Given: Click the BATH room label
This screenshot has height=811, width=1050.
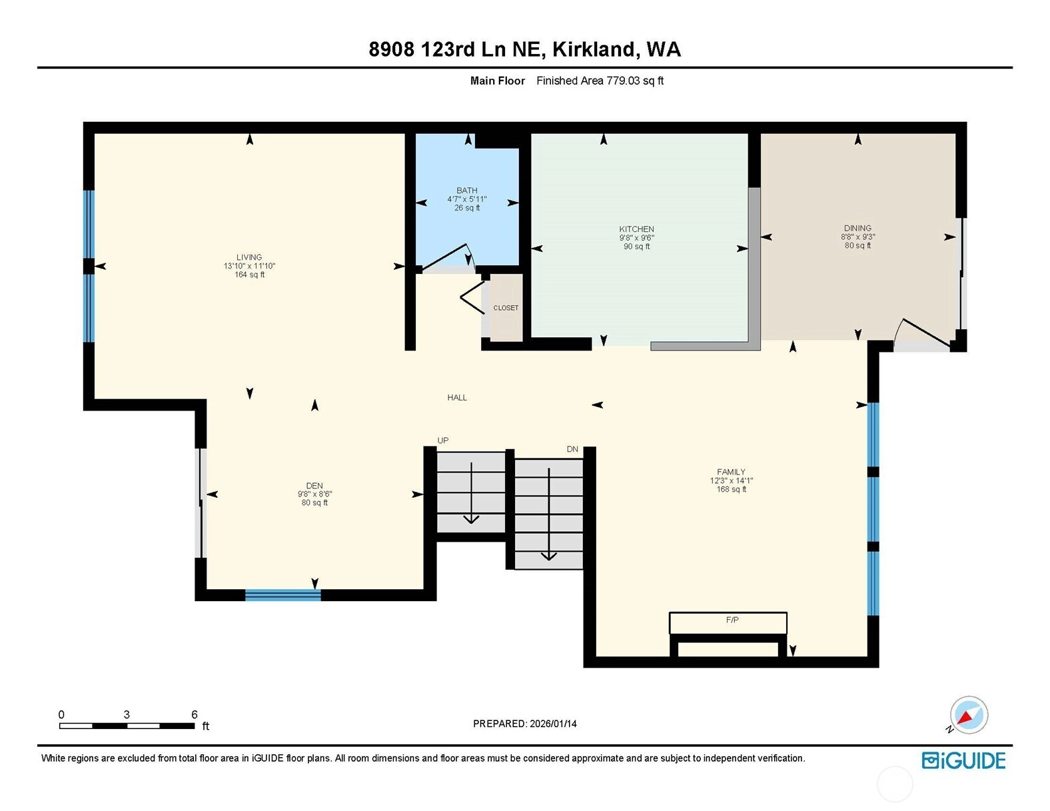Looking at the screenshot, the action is pos(467,191).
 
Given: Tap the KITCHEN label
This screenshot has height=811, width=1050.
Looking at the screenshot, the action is pos(636,229).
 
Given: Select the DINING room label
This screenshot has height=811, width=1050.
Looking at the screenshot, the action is pos(857,228).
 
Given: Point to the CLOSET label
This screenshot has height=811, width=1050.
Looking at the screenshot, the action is pos(506,308).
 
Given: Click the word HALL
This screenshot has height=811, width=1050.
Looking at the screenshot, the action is pos(456,398).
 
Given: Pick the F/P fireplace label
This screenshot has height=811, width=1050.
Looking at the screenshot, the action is pos(732,620).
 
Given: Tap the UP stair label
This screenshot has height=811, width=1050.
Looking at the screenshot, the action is pos(442,440).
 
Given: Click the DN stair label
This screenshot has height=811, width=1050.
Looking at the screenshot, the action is pos(572,449).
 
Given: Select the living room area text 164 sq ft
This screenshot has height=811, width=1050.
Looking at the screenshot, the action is pos(249,275).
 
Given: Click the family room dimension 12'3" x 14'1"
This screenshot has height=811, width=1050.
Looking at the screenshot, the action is pos(731,480).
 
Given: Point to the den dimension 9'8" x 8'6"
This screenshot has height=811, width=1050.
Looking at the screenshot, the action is pos(314,494).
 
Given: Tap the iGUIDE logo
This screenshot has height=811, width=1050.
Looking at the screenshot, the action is pos(963,760).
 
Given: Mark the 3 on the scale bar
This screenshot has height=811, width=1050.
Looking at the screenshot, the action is pos(127,714).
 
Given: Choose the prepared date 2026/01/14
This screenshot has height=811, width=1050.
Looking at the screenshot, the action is pos(553,724).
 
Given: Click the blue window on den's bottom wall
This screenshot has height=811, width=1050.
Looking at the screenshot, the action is pos(282,595).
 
